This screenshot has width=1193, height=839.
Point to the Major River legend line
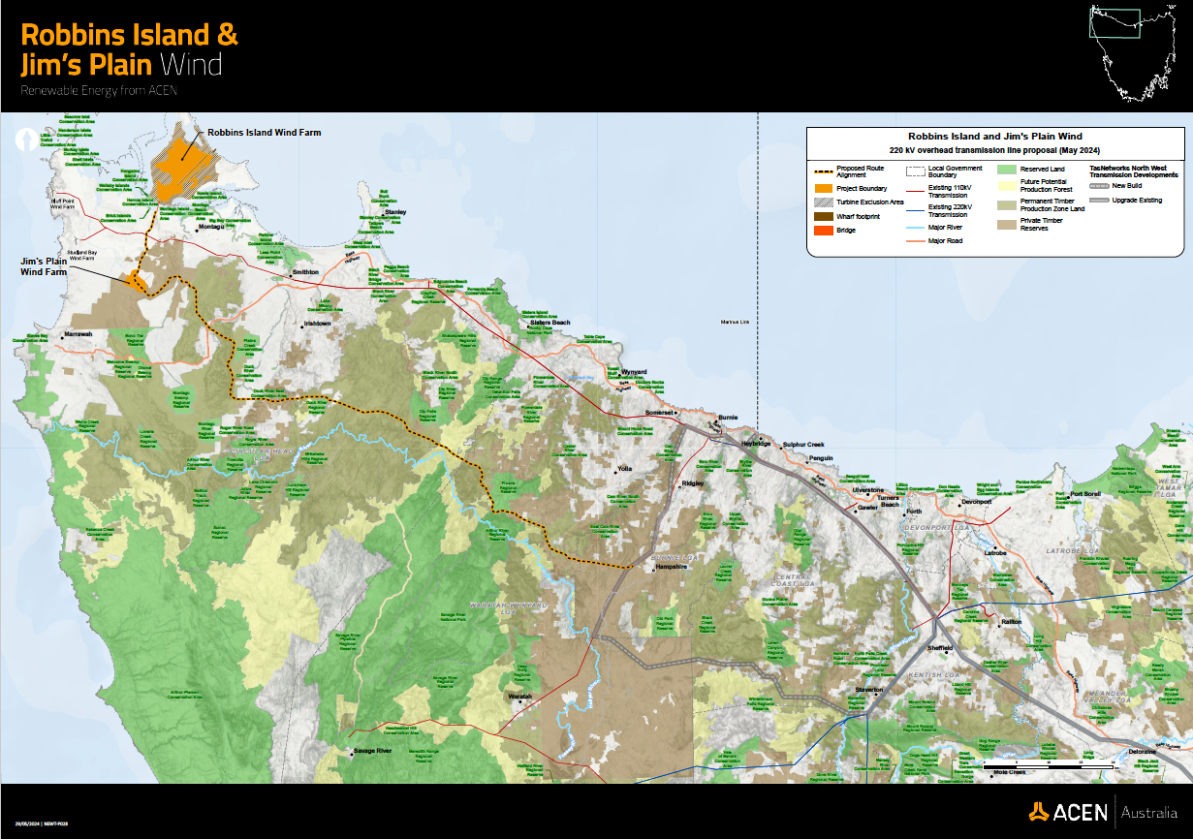pos(914,226)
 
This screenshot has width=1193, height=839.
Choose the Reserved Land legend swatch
pos(1008,169)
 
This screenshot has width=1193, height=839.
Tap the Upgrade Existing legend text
pos(1144,200)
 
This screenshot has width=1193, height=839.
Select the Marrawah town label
pos(78,334)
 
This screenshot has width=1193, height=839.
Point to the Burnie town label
pos(727,418)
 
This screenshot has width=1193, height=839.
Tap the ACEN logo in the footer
pos(1067,811)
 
